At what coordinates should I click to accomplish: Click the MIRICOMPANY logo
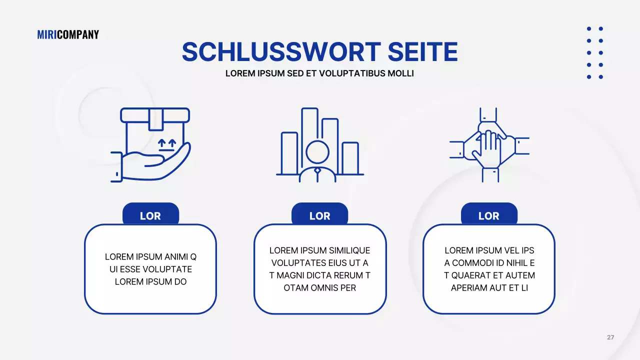tap(68, 34)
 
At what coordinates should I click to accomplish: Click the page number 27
tap(610, 337)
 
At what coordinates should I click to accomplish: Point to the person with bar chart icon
tap(319, 145)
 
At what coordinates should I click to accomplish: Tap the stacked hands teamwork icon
tap(489, 144)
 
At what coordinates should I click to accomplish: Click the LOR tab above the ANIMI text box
tap(150, 215)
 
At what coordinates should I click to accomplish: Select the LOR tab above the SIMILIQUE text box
tap(320, 215)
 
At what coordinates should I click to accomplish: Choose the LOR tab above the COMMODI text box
tap(489, 215)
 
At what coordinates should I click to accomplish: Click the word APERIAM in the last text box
tap(468, 288)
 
